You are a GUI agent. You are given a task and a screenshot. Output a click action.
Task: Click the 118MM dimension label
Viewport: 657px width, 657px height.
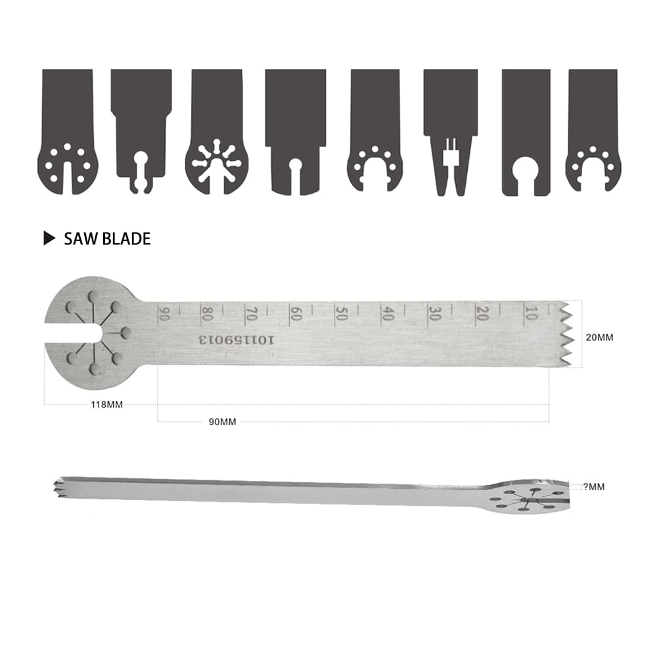[107, 405]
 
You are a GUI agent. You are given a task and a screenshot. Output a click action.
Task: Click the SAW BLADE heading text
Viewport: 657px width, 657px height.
[107, 238]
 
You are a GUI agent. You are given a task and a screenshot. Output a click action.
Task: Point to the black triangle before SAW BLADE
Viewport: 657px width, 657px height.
[49, 238]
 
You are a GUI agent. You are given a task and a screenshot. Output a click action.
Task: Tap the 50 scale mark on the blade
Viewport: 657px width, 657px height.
[340, 313]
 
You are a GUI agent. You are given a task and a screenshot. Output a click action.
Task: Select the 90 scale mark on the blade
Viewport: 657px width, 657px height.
[164, 314]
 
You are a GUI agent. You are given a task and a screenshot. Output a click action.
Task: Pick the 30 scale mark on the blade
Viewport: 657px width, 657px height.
[434, 313]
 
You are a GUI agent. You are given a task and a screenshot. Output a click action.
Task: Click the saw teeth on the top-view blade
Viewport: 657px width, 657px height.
[565, 335]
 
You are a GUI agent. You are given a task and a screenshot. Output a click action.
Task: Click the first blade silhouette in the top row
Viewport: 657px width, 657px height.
[68, 131]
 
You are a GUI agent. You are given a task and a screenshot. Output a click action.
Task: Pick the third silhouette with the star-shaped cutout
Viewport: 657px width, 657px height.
[217, 131]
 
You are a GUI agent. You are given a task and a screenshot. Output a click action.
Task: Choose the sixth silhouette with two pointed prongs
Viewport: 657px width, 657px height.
[450, 131]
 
